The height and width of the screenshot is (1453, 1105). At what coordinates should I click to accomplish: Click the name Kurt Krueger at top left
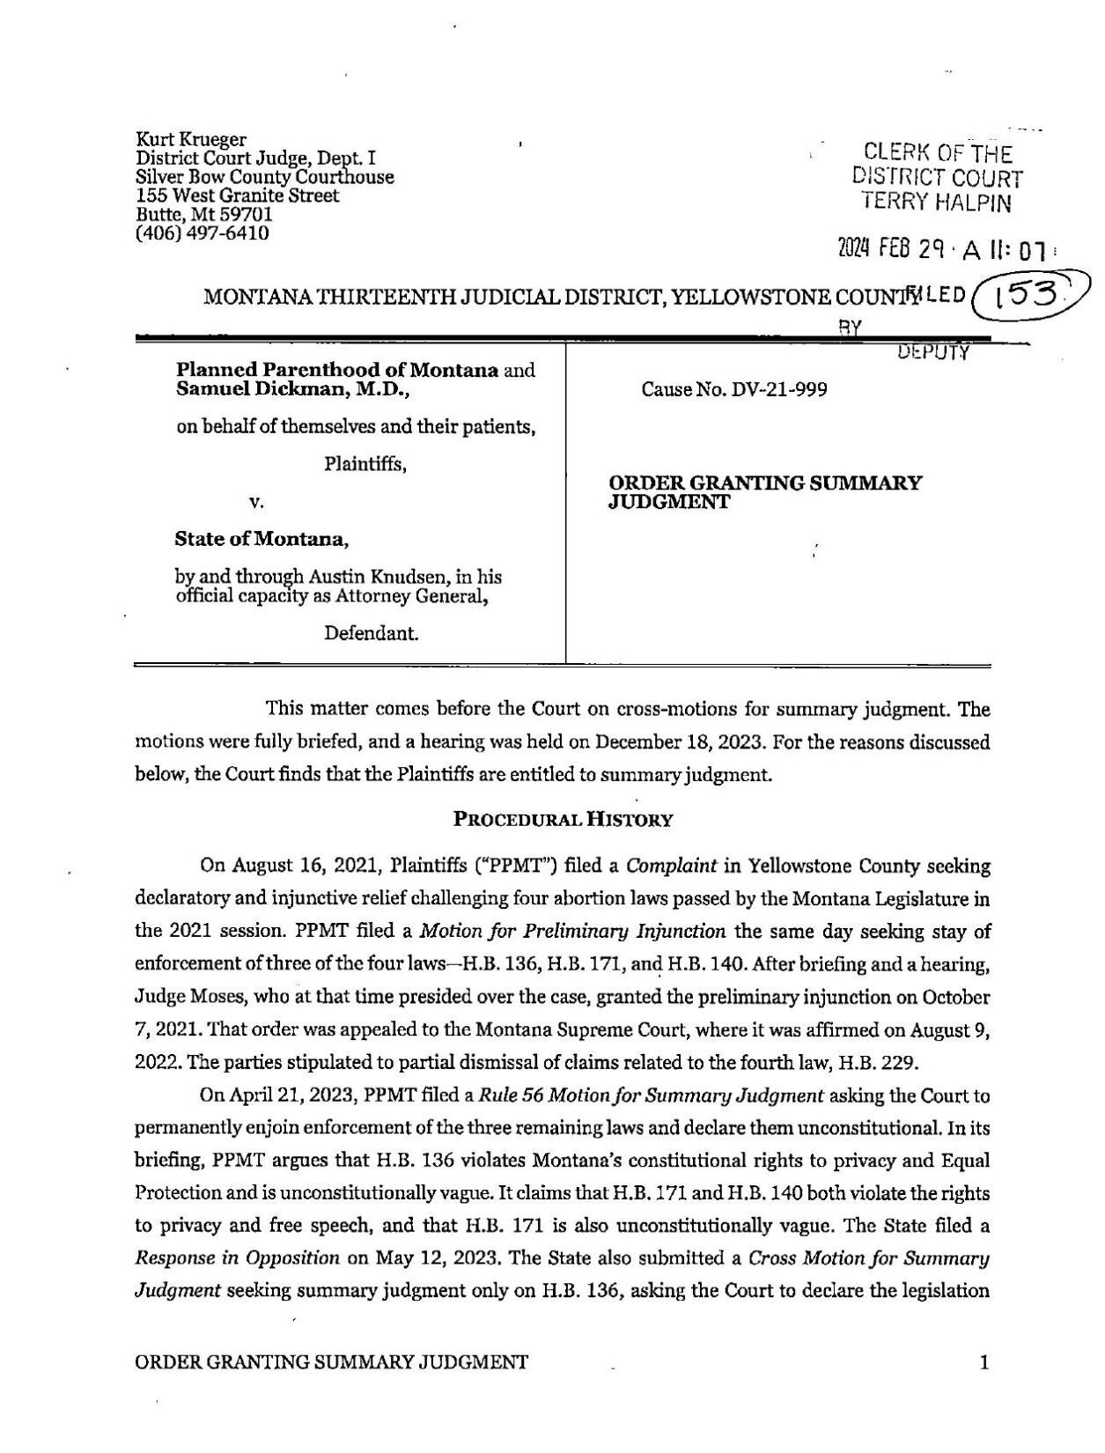[x=191, y=139]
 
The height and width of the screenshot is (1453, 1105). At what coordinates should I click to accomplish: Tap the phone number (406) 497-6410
[x=203, y=233]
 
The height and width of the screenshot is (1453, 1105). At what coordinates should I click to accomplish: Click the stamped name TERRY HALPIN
[x=937, y=204]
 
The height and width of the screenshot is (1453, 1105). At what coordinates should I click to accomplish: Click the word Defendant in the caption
[x=371, y=632]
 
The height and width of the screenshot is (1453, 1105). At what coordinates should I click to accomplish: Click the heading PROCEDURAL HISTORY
[x=563, y=820]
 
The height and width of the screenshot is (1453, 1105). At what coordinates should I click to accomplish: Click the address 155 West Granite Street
[x=238, y=195]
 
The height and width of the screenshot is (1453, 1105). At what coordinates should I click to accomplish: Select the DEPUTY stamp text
[x=933, y=354]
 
